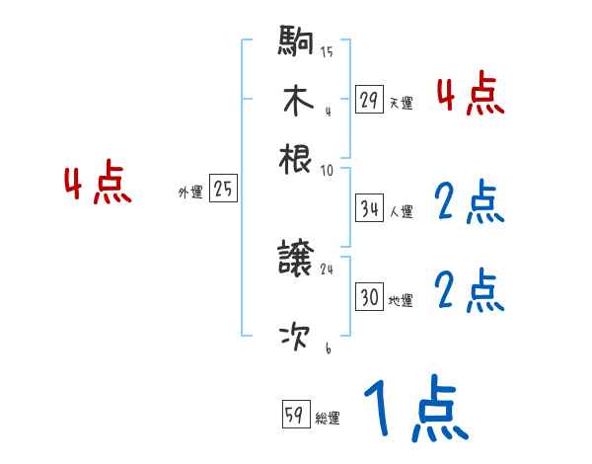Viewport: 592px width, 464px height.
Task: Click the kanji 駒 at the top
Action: [x=296, y=42]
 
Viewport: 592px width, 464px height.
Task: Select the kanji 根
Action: [x=296, y=157]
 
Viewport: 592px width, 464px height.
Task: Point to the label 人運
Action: [x=401, y=211]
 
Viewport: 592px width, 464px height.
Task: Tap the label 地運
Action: [x=401, y=300]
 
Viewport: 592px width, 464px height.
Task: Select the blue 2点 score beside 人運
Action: [x=470, y=202]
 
